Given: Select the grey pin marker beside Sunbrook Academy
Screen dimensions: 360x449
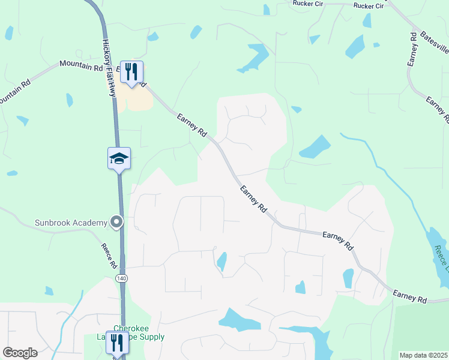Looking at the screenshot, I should click(x=117, y=223).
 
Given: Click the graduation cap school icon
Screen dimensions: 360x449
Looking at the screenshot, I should click(x=119, y=158).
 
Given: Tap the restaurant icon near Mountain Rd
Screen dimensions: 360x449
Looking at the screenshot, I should click(x=131, y=72).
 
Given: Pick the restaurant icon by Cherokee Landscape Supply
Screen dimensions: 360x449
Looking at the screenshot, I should click(x=117, y=343).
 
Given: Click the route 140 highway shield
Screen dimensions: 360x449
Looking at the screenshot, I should click(x=122, y=278).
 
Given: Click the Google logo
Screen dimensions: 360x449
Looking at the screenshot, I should click(x=20, y=353).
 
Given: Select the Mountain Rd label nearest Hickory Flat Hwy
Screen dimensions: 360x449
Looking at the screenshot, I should click(x=81, y=65).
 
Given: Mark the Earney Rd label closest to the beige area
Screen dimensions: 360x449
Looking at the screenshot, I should click(x=192, y=125).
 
